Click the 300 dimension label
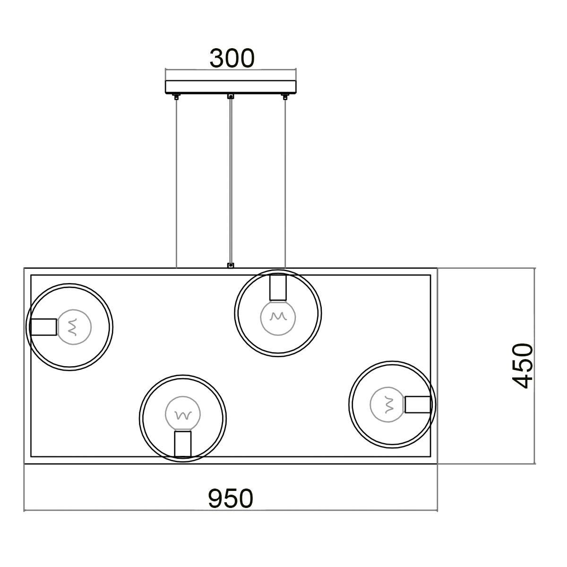[232, 58]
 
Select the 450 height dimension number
[523, 366]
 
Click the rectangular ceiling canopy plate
[231, 87]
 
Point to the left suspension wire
[176, 184]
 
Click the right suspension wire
[285, 184]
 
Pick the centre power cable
[231, 180]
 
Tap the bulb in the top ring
[278, 318]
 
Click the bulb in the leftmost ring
[74, 327]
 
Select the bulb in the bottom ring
[183, 414]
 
